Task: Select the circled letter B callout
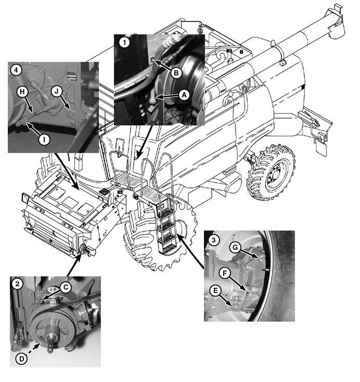(x=176, y=73)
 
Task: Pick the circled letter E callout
(x=215, y=289)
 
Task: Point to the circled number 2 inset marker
(x=17, y=284)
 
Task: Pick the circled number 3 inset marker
(x=212, y=239)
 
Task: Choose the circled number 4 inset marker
(x=17, y=69)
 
